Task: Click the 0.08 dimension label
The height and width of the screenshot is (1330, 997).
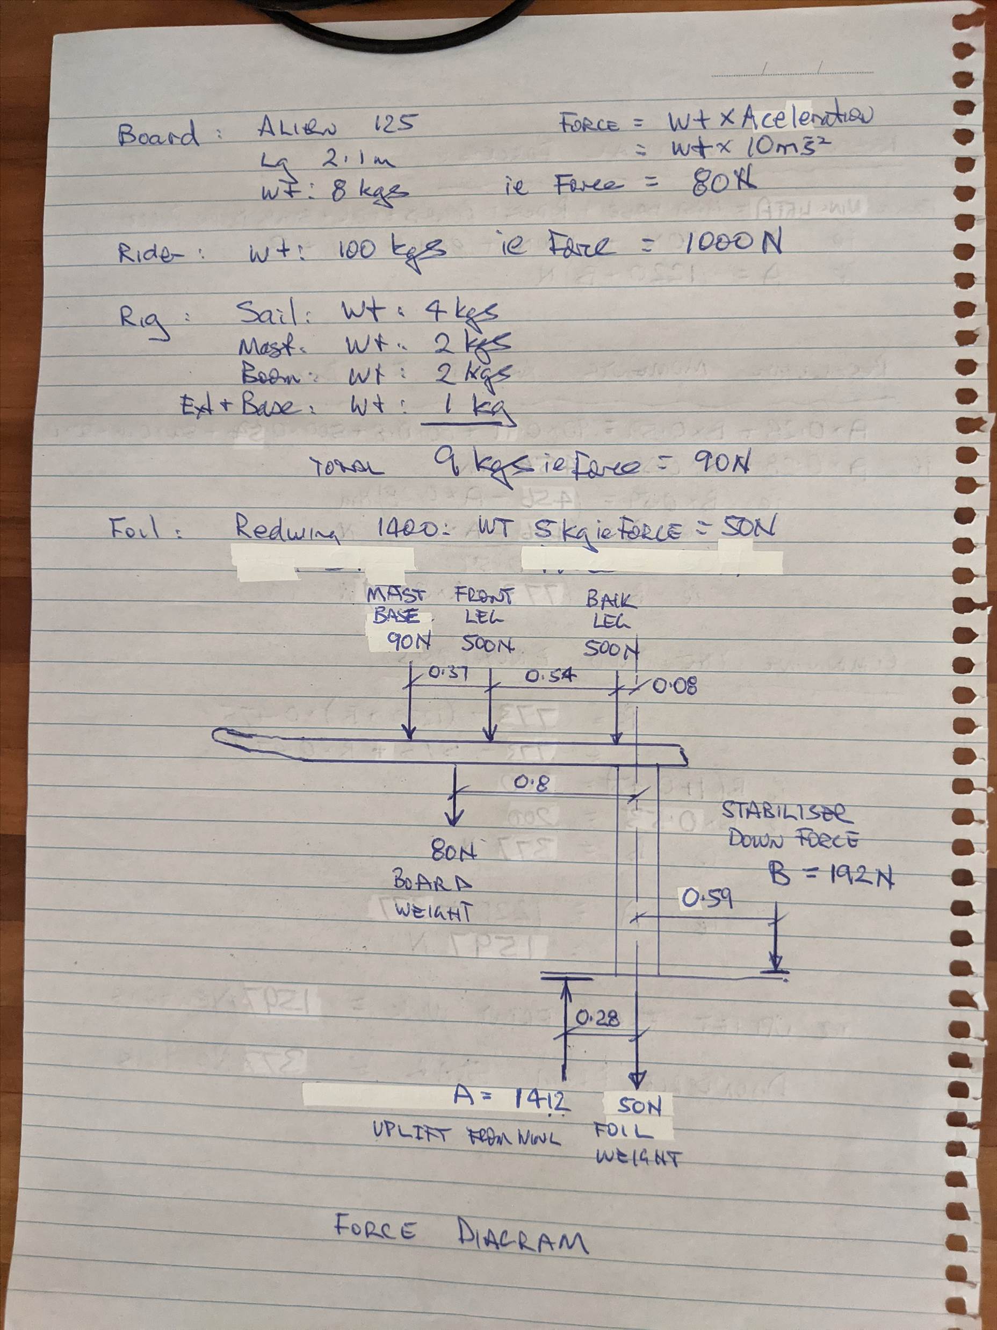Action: point(674,686)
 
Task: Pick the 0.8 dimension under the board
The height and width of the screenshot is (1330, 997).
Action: point(531,783)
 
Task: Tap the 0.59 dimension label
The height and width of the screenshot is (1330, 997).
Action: point(707,898)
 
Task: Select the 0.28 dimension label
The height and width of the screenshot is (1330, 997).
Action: point(597,1018)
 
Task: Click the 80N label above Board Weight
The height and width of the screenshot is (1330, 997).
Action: point(454,852)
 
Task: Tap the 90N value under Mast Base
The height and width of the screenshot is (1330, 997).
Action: point(409,642)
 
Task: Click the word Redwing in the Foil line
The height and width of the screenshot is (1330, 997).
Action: point(286,529)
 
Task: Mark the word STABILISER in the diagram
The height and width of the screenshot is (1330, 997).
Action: point(786,812)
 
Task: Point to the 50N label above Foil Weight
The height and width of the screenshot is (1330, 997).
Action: point(639,1106)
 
